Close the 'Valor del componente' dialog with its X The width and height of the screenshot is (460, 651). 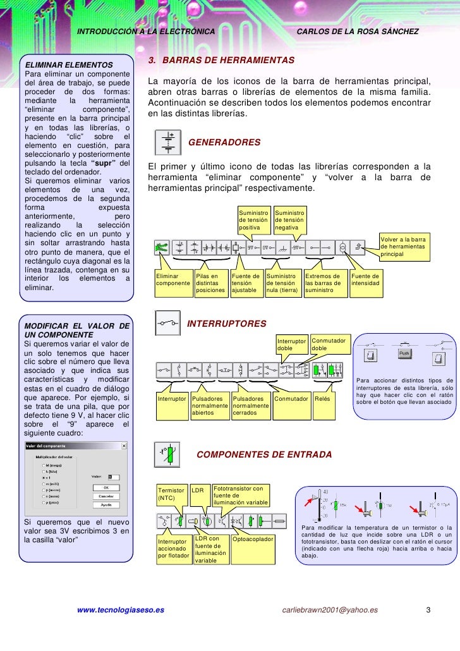[x=124, y=446]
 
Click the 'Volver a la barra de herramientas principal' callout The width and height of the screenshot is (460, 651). [x=404, y=246]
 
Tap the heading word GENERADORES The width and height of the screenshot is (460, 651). [x=224, y=143]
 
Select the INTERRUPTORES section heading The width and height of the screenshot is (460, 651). [x=227, y=324]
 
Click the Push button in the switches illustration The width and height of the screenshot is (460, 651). [x=405, y=353]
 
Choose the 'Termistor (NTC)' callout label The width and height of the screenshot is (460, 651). [x=172, y=494]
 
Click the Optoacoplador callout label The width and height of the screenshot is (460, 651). [x=253, y=539]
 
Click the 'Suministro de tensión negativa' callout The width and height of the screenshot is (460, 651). [x=291, y=220]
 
